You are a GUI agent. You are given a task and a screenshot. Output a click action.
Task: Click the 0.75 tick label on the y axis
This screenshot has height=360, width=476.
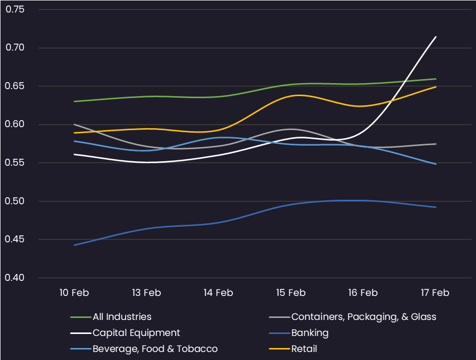click(x=15, y=10)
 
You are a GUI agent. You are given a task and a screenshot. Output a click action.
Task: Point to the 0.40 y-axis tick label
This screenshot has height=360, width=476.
click(x=15, y=278)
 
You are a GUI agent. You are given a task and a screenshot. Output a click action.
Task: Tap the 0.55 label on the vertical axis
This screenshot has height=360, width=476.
click(x=15, y=163)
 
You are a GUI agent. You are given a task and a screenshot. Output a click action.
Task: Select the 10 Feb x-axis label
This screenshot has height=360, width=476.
click(x=74, y=292)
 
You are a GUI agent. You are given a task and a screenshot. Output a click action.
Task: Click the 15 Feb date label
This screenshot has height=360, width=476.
click(x=291, y=292)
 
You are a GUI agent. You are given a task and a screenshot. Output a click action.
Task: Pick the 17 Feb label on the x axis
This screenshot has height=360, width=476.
click(x=435, y=292)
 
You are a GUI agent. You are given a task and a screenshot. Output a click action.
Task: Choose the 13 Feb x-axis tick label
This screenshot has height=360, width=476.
click(x=146, y=292)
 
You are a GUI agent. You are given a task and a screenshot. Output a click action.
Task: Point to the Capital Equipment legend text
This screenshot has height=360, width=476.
click(x=136, y=333)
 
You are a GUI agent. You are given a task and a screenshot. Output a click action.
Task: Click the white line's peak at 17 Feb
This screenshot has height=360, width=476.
click(x=436, y=37)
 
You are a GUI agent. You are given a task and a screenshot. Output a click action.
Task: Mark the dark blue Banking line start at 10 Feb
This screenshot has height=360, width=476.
click(x=75, y=245)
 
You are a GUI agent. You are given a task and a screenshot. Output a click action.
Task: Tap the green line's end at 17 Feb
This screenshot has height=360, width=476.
click(x=436, y=79)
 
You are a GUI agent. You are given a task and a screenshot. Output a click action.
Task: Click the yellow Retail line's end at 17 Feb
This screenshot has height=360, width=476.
click(x=436, y=87)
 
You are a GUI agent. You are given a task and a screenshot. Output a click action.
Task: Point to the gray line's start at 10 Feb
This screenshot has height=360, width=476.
click(x=75, y=124)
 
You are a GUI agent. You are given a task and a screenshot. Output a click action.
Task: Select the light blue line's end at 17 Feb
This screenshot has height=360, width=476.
click(x=436, y=164)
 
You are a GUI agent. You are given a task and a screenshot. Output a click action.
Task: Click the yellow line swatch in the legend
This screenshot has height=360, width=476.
click(x=279, y=349)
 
